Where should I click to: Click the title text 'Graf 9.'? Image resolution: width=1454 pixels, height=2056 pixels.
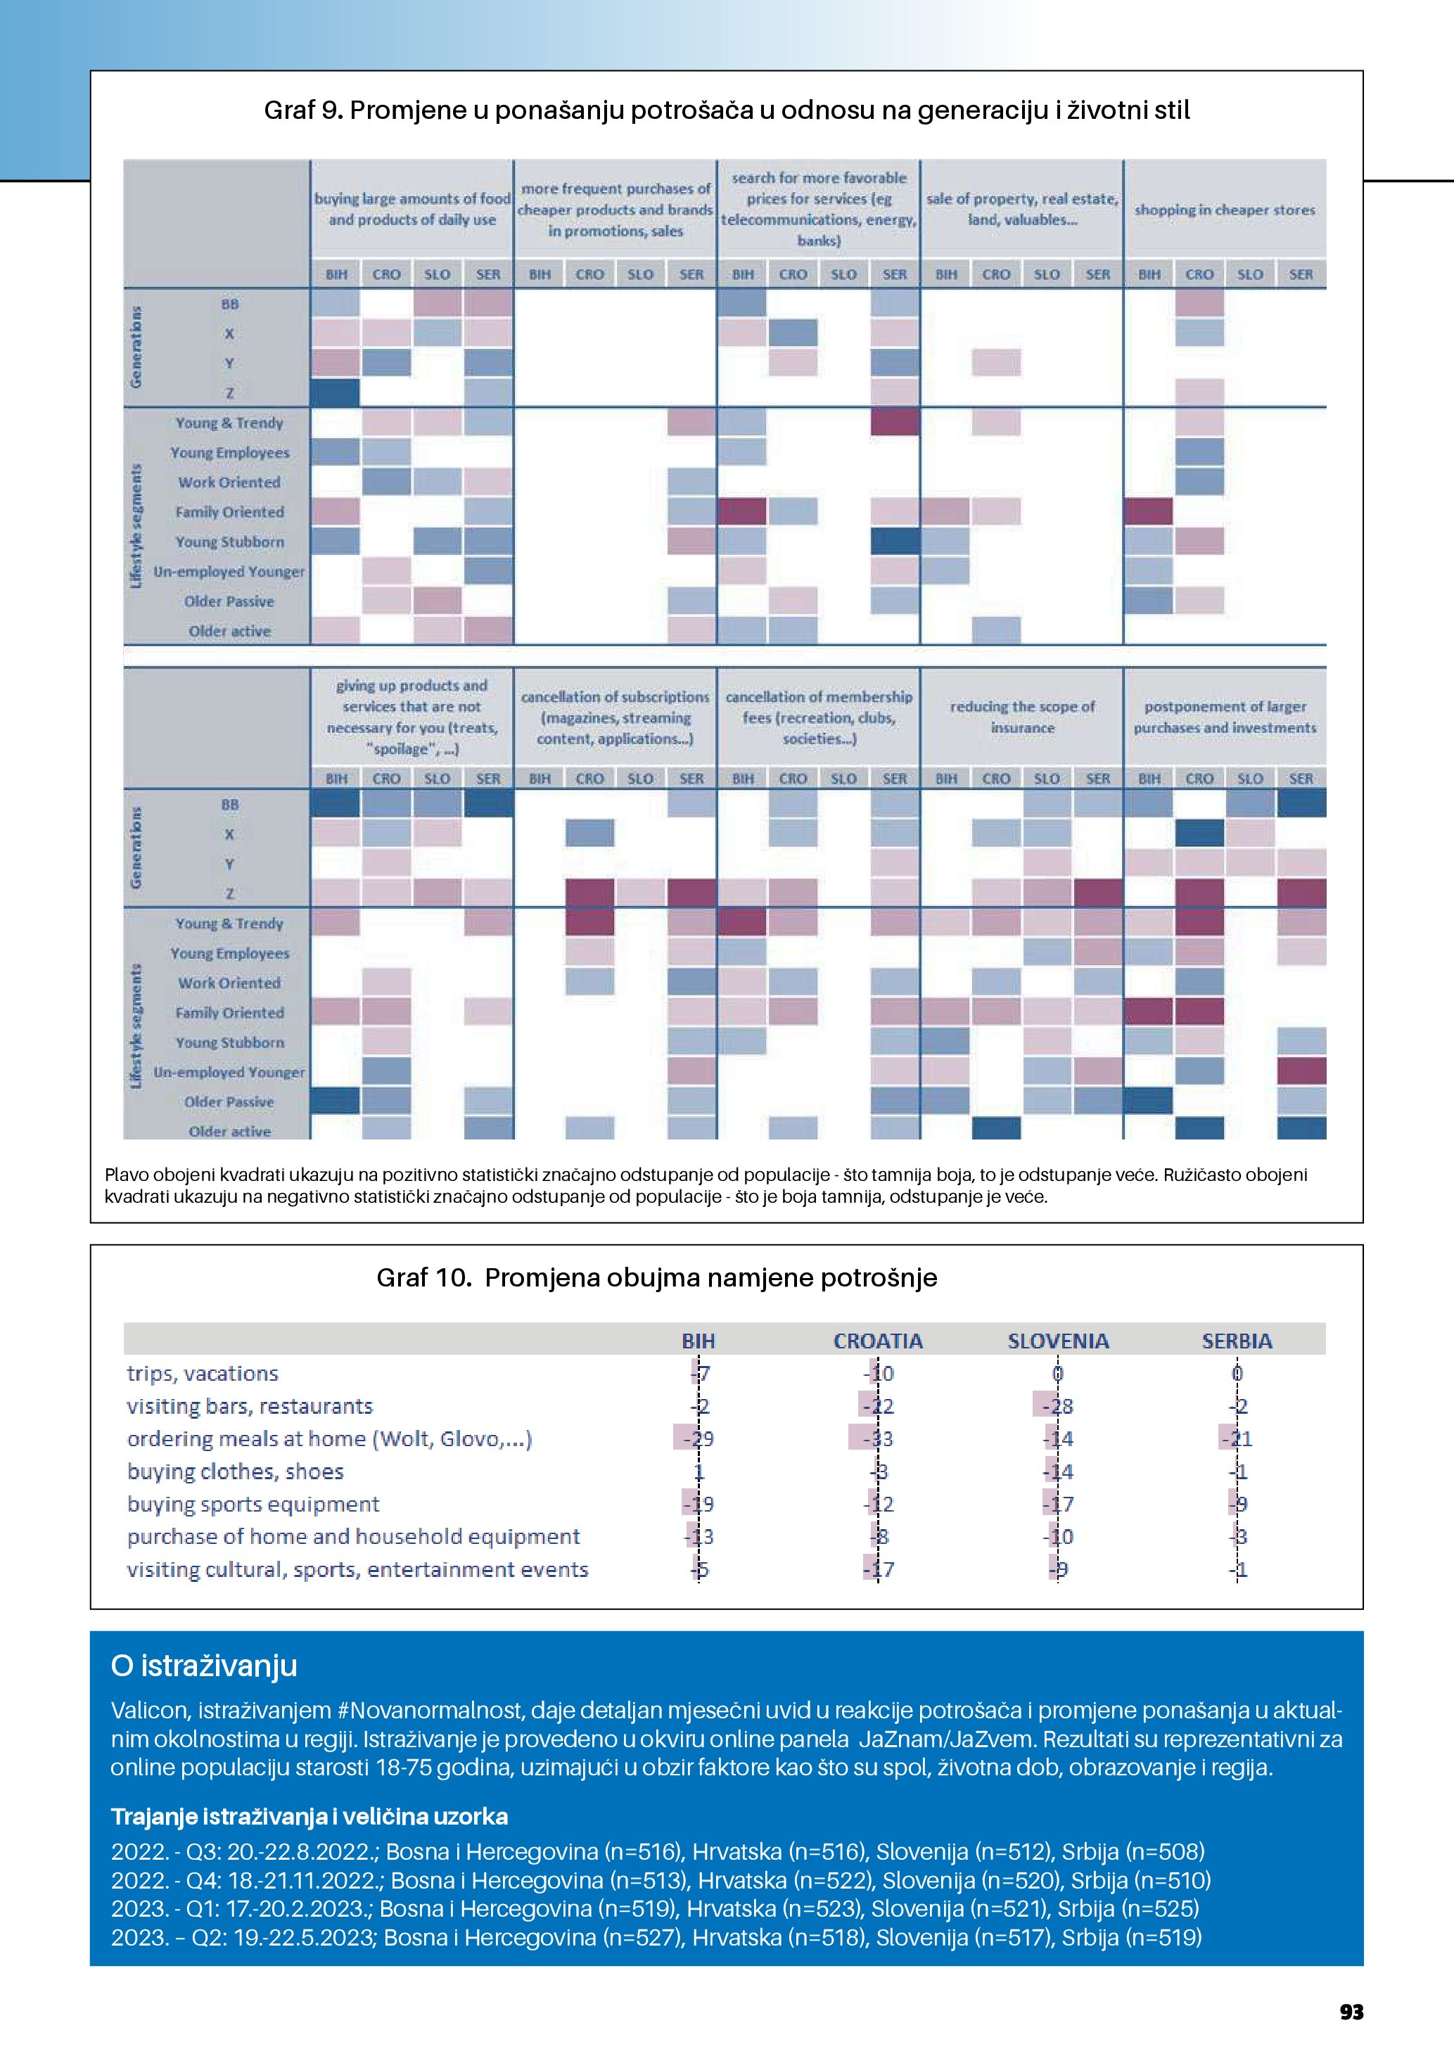[x=302, y=110]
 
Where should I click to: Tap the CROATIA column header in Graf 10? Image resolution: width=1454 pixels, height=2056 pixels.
[x=877, y=1341]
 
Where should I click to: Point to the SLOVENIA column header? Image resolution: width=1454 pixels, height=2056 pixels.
[x=1057, y=1341]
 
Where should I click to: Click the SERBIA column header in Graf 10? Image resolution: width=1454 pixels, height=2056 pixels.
[x=1237, y=1341]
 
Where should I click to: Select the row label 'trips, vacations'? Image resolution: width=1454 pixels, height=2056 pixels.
[x=203, y=1374]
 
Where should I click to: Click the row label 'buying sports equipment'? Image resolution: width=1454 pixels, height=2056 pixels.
[x=253, y=1505]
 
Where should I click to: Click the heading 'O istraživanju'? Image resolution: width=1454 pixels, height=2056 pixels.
[x=204, y=1666]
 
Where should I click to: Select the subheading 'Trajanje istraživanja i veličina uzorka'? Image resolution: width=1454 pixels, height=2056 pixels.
[x=309, y=1816]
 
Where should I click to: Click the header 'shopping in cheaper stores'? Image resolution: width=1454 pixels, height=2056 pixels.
[x=1224, y=210]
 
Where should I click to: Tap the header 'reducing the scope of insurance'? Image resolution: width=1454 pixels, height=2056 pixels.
[x=1021, y=717]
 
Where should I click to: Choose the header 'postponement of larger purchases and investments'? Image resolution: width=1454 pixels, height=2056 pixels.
[x=1224, y=717]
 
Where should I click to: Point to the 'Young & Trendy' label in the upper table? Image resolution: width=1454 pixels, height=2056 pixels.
[x=229, y=423]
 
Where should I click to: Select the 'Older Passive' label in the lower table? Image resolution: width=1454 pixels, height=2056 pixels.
[x=229, y=1102]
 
